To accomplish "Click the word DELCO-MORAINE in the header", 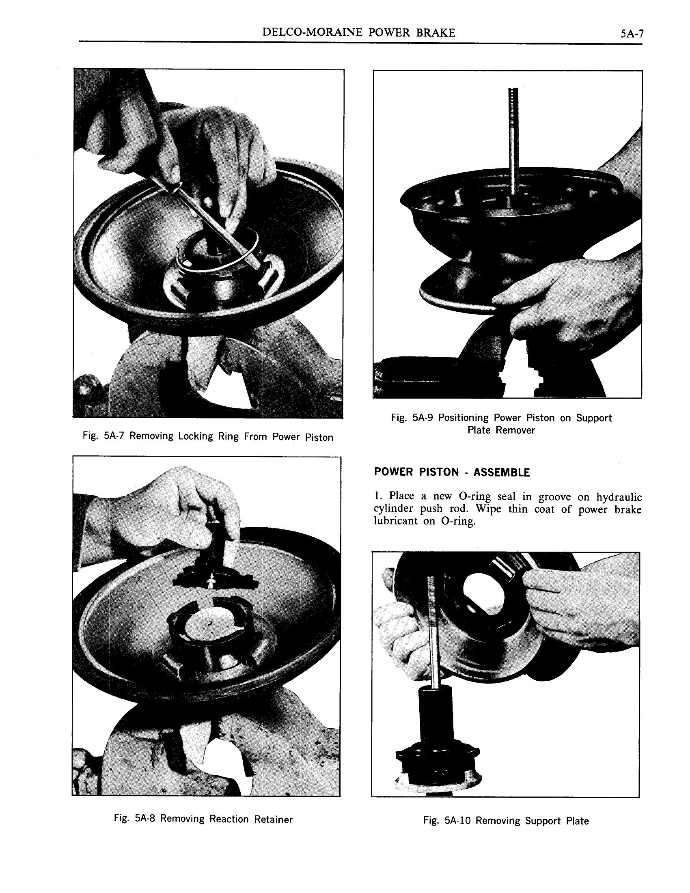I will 312,33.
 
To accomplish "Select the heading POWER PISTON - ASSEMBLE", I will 452,472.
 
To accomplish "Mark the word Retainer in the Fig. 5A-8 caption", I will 273,819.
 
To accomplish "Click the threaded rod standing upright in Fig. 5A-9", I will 513,139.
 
